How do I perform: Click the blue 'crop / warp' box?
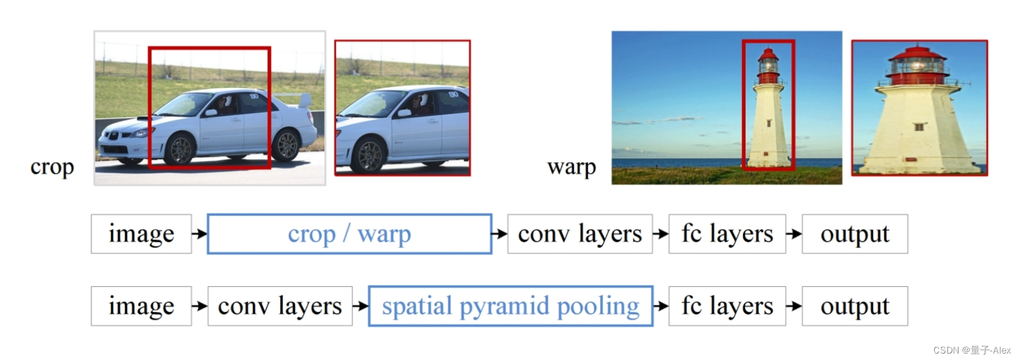[349, 234]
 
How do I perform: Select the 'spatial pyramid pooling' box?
[510, 306]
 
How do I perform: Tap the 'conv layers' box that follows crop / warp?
[579, 234]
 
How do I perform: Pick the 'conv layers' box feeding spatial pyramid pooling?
[280, 306]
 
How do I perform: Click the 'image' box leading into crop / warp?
[141, 234]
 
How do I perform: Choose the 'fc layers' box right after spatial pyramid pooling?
[727, 306]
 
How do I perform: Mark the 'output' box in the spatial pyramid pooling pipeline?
[854, 306]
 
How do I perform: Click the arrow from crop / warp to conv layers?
[499, 234]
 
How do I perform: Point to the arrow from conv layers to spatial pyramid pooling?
[360, 306]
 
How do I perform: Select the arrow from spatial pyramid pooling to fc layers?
[661, 306]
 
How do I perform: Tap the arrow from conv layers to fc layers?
[661, 234]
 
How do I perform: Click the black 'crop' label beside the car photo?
[52, 167]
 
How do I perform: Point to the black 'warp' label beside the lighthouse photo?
[571, 167]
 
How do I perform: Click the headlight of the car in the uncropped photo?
[139, 133]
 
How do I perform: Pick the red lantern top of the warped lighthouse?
[916, 57]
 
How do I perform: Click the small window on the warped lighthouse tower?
[919, 126]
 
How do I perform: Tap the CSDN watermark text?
[971, 350]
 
